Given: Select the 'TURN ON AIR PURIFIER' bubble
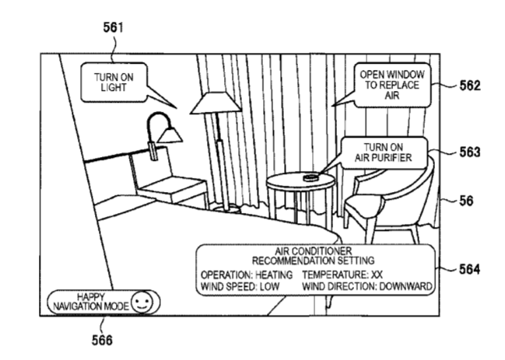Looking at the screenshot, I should coord(381,152).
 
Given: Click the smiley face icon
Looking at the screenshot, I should coord(140,302).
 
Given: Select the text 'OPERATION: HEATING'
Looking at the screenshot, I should coord(246,275).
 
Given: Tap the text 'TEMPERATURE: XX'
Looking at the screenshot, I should coord(340,275).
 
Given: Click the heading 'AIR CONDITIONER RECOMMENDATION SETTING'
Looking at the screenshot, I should coord(314,257).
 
